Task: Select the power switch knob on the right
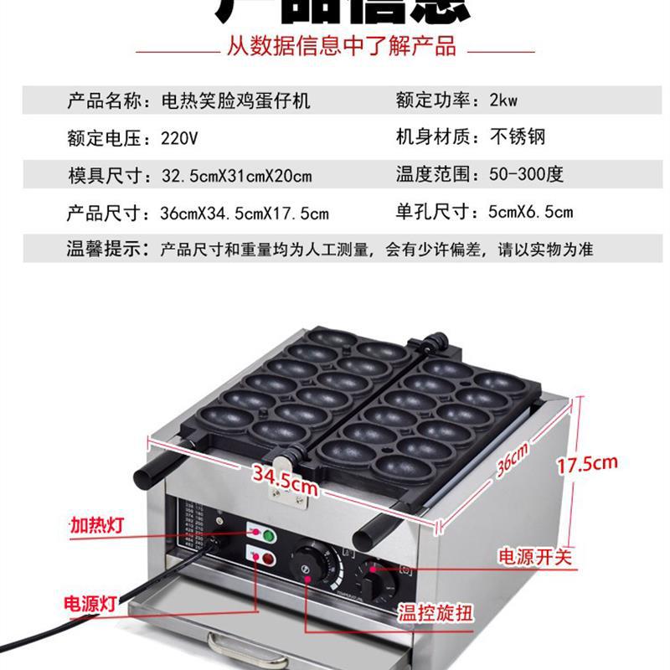(x=383, y=578)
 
